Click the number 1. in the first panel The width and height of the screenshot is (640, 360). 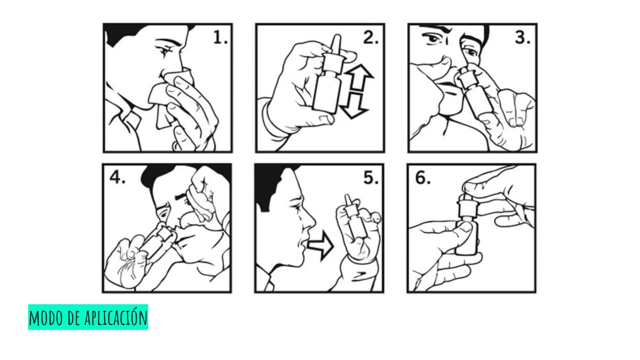point(220,38)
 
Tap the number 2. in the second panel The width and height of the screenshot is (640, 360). point(371,38)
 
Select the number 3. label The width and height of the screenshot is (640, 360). point(522,38)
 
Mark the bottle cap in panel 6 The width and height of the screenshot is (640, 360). point(467,206)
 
